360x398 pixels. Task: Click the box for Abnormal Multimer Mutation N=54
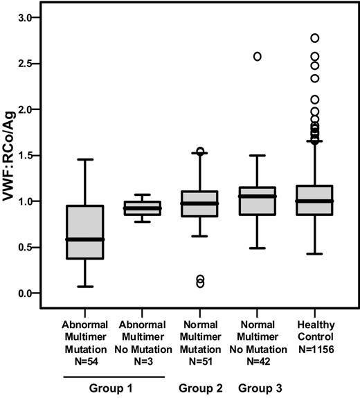(84, 232)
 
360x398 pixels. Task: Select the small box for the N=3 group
(141, 208)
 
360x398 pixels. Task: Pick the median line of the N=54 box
(84, 239)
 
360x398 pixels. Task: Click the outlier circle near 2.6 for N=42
(258, 57)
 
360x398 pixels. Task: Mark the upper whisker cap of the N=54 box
(84, 160)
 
